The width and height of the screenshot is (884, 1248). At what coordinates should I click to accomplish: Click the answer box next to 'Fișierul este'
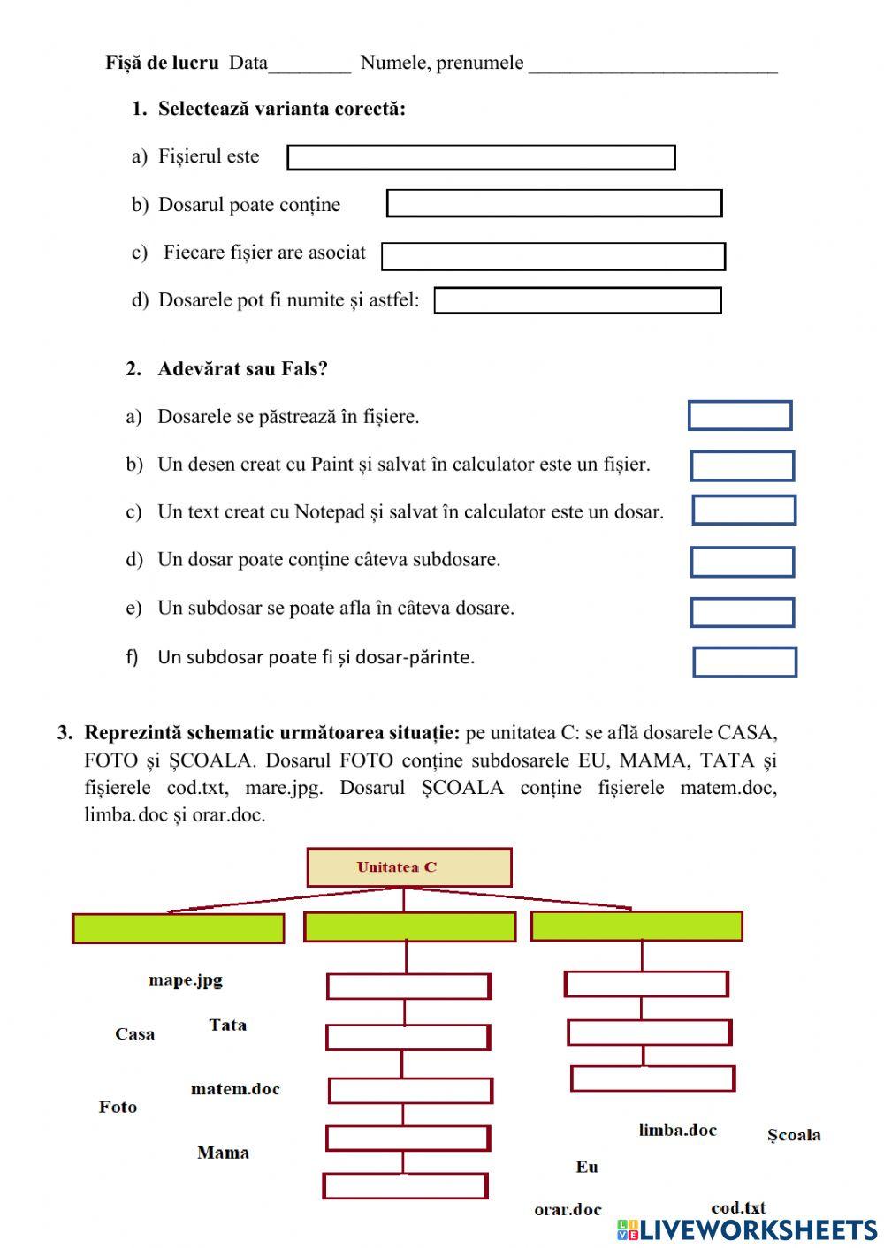pos(481,157)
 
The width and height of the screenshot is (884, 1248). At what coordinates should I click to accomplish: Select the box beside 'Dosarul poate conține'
pos(554,203)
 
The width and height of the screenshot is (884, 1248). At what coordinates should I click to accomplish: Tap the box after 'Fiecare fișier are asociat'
pos(553,256)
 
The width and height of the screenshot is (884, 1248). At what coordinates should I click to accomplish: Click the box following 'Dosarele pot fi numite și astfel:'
pos(577,300)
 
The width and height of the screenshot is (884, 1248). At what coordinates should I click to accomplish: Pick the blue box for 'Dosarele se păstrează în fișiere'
pos(740,415)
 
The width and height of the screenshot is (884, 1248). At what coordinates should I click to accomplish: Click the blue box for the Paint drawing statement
pos(743,465)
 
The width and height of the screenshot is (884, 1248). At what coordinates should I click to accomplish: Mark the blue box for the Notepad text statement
pos(743,511)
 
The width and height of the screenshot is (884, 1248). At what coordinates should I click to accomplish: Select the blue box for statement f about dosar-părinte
pos(744,662)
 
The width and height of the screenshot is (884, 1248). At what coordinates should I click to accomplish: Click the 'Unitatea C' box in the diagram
pos(408,867)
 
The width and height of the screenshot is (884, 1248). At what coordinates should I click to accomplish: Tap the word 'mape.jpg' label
pos(186,979)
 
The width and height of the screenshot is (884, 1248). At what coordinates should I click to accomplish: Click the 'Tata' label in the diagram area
pos(227,1025)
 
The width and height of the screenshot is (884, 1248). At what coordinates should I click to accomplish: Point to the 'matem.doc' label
pos(235,1089)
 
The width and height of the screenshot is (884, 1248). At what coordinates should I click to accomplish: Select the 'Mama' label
pos(223,1153)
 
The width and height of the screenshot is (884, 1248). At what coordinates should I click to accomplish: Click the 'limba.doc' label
pos(677,1130)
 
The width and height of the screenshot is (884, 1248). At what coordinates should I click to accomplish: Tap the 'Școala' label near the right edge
pos(793,1135)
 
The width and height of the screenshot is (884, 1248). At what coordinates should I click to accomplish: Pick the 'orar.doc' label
pos(568,1209)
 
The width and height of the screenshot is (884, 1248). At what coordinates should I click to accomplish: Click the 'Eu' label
pos(587,1167)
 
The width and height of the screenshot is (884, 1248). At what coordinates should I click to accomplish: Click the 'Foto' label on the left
pos(118,1107)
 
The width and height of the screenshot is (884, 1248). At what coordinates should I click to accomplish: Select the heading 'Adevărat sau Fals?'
pos(242,369)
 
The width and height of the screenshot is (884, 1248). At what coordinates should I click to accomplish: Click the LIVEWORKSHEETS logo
pos(747,1229)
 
